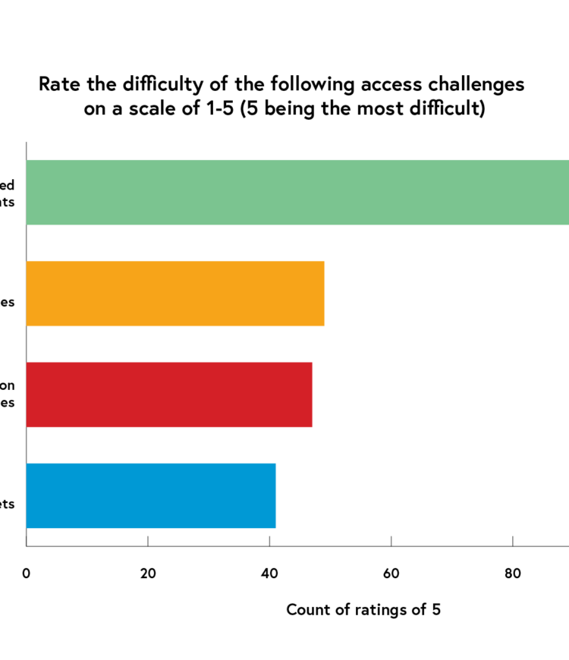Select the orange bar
(x=175, y=294)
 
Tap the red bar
(x=169, y=394)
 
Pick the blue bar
(x=151, y=495)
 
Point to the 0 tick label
(x=27, y=574)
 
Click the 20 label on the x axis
(x=148, y=574)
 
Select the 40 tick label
(x=269, y=574)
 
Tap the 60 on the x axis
(x=391, y=574)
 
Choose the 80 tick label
(x=513, y=574)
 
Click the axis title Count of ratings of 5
(x=363, y=609)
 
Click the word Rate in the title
(x=57, y=84)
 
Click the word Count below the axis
(x=307, y=609)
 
